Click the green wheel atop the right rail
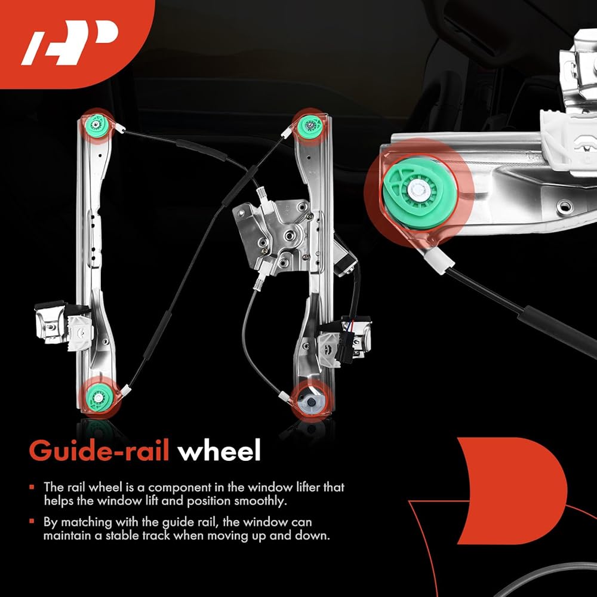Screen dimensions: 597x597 (310, 125)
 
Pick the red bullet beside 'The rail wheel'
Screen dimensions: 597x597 (32, 488)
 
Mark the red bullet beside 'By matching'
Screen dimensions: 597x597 (32, 522)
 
